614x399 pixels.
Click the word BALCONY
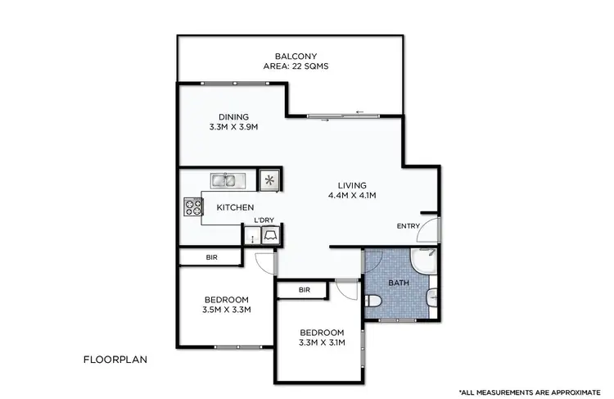point(291,56)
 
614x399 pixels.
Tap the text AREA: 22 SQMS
point(291,66)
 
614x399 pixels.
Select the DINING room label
point(233,116)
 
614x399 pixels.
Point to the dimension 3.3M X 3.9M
point(233,127)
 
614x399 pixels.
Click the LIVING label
point(353,185)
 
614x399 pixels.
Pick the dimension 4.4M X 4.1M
point(353,196)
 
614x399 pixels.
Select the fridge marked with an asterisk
point(269,179)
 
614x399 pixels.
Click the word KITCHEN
point(235,208)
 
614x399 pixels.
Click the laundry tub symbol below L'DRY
point(271,236)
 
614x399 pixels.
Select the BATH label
point(399,283)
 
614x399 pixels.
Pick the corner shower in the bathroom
point(426,261)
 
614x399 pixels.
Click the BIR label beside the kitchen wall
point(210,258)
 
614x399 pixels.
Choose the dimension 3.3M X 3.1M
point(322,342)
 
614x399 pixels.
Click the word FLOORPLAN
point(114,359)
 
